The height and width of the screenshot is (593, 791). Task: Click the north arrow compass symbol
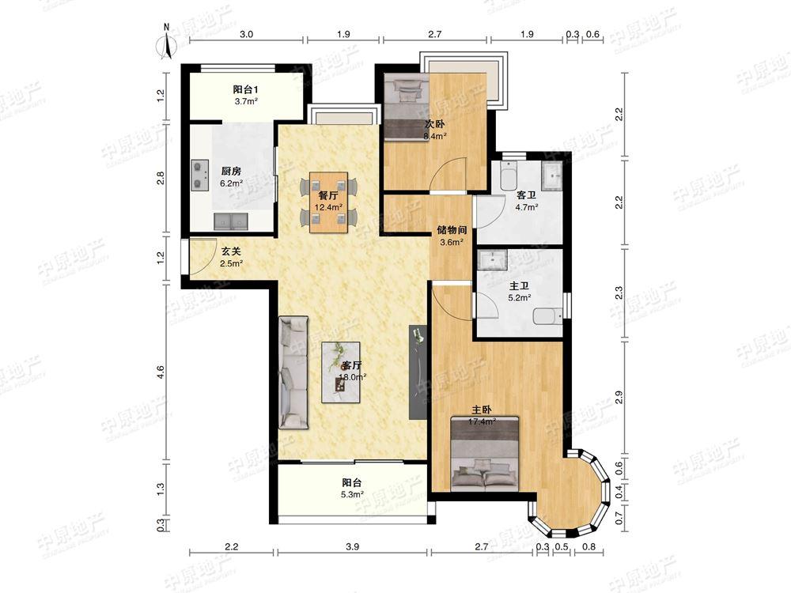166,41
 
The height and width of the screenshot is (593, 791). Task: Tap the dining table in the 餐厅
328,202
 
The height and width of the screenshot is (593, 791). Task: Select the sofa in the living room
293,372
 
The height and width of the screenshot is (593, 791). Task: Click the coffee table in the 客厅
341,372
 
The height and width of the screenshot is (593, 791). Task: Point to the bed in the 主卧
486,453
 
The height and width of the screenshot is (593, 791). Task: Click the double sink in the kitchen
230,221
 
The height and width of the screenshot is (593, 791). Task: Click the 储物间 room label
452,230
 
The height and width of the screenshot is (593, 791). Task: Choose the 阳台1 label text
246,89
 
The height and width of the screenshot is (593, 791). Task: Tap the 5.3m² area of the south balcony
353,494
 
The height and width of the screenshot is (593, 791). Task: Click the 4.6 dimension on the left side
161,372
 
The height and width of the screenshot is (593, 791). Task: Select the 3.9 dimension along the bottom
353,546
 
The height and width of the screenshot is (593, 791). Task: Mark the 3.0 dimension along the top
246,34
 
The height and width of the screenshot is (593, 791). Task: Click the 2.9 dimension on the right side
619,398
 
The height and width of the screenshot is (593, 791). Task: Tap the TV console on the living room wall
418,372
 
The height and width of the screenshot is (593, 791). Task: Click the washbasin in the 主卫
492,259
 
